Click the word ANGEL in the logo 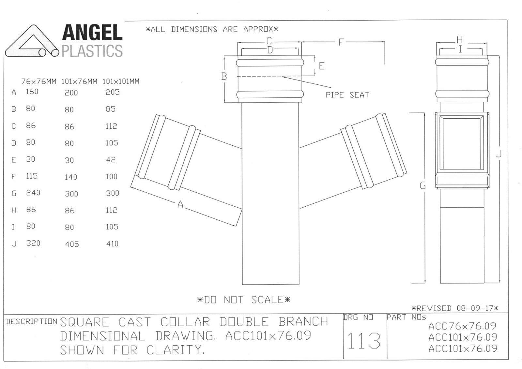[x=92, y=33]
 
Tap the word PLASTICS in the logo [x=92, y=51]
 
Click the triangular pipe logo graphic [x=32, y=41]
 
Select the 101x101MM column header [x=121, y=81]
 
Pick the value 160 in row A [x=32, y=92]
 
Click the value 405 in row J [x=72, y=244]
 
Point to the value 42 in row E [x=111, y=160]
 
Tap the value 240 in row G [x=33, y=193]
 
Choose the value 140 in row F [x=71, y=177]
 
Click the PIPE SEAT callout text [x=347, y=95]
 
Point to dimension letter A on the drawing [x=180, y=204]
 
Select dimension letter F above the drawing [x=341, y=42]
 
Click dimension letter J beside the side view [x=499, y=154]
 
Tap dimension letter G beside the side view [x=423, y=185]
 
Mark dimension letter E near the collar [x=322, y=66]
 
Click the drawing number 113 [x=364, y=341]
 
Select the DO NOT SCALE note [x=244, y=300]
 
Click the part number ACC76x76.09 [x=462, y=326]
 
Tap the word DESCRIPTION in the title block [x=32, y=321]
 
